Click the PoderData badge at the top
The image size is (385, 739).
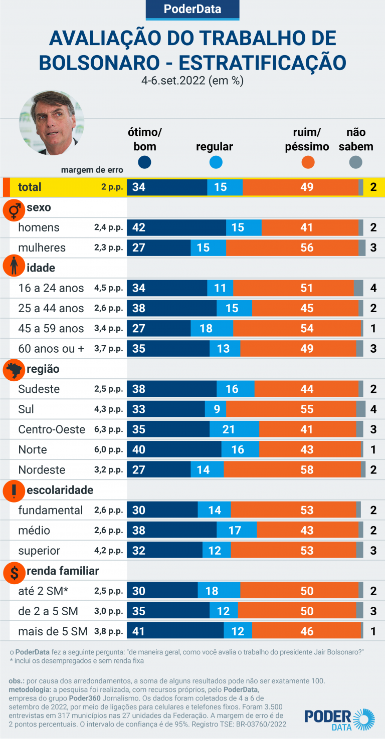pos(192,9)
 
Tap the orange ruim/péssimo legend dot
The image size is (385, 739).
pos(307,162)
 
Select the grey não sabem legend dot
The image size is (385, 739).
pos(355,162)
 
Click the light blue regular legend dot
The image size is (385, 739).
pos(216,162)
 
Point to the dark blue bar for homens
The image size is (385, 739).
pos(176,227)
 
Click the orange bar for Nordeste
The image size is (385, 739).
pos(292,470)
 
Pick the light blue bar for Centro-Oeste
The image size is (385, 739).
pos(234,429)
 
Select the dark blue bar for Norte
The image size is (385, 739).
pos(174,449)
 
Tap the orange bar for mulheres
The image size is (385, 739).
pos(292,248)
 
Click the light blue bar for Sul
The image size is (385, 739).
pos(212,409)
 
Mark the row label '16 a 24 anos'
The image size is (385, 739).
pos(51,288)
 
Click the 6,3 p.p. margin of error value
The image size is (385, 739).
pos(108,429)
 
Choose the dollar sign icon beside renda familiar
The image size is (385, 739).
pos(14,572)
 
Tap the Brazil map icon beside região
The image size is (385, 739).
pos(14,370)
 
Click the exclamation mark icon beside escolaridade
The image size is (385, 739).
pos(14,491)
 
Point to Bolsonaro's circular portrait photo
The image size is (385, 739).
pos(52,123)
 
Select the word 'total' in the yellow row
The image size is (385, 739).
pos(30,187)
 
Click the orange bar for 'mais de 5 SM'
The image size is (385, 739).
pos(306,631)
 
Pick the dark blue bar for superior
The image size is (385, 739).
pos(164,551)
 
